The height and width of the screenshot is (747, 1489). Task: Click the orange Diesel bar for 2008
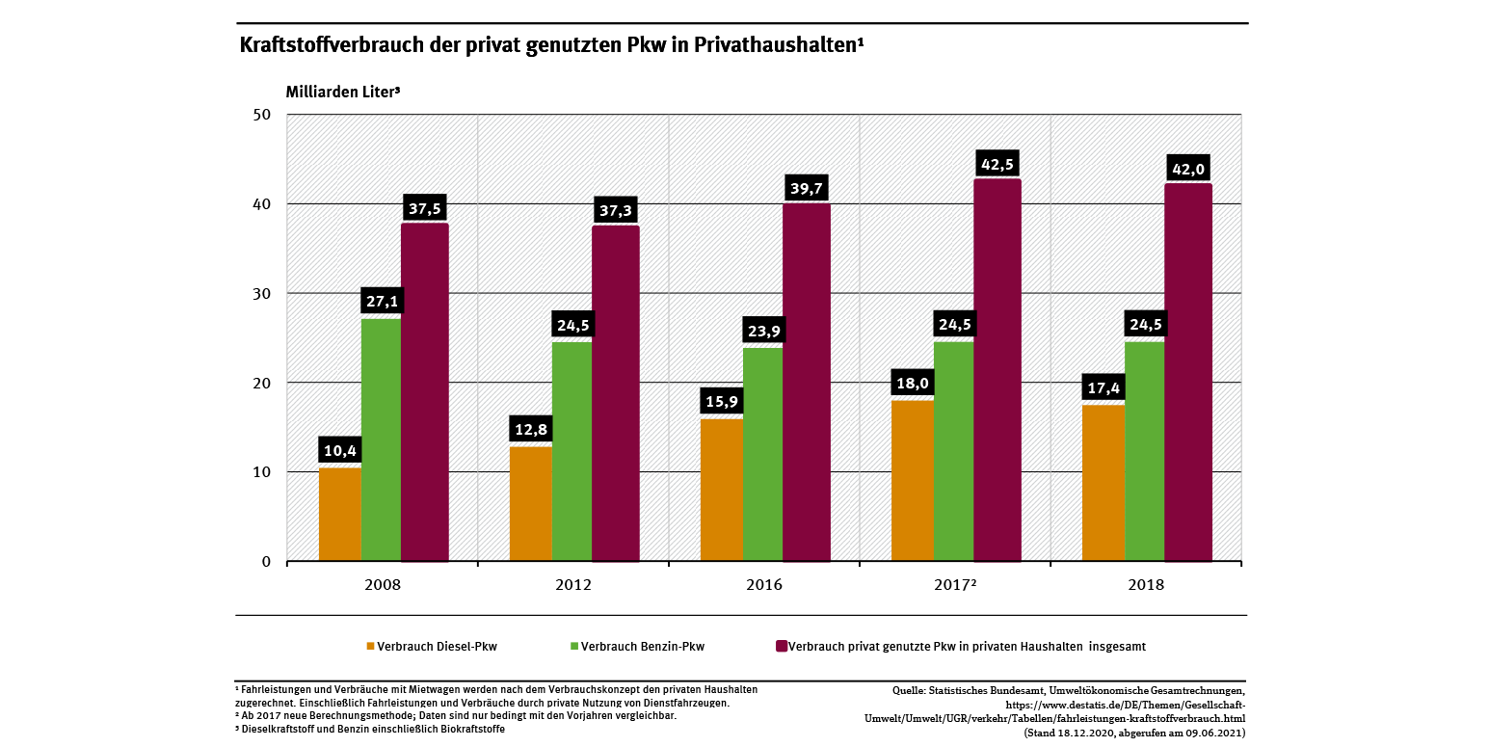coord(340,514)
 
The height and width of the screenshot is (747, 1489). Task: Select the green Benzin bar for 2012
coord(572,451)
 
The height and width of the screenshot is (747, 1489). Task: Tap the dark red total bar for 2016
coord(806,383)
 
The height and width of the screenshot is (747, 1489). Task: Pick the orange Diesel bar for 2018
coord(1103,483)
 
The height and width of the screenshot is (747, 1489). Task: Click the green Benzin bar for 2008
coord(381,440)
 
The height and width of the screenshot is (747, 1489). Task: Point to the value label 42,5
coord(998,163)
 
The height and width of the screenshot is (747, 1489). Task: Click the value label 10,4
coord(338,449)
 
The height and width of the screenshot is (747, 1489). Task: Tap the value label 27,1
coord(383,301)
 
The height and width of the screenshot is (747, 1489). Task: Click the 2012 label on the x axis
coord(573,585)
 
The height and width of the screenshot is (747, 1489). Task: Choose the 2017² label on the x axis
coord(957,585)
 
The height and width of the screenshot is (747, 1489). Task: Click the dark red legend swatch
coord(781,647)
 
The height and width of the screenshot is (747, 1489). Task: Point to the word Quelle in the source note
coord(910,690)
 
